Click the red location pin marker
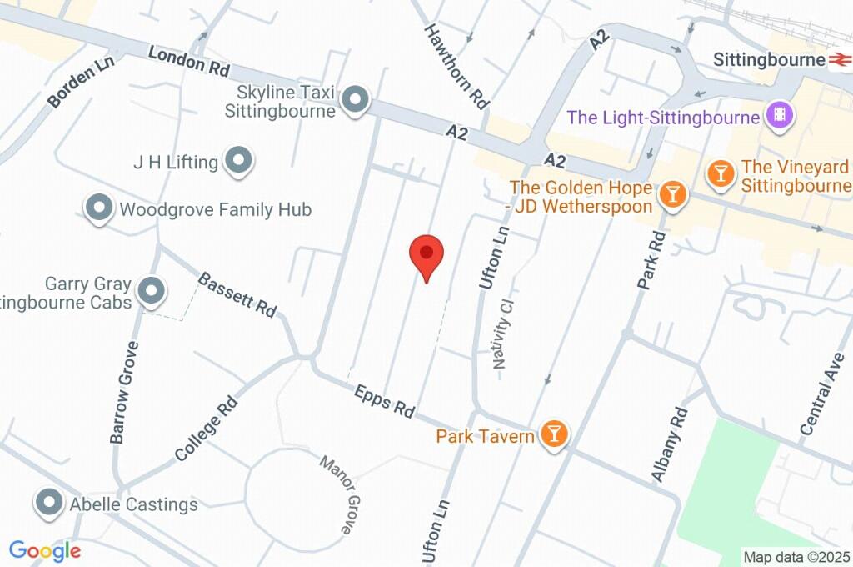426,254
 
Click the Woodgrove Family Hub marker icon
99,208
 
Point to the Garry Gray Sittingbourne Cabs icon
152,292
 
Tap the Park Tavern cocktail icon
553,434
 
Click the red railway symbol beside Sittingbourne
839,60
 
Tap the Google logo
45,551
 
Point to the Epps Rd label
384,401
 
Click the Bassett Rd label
237,294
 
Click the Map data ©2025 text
796,557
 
